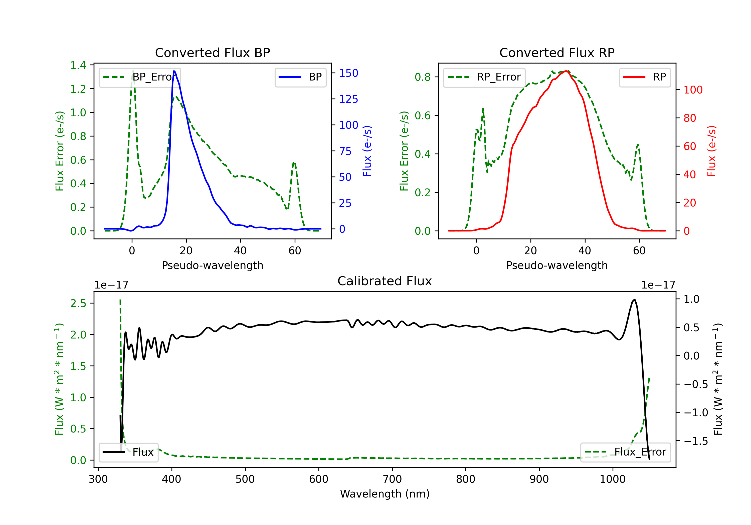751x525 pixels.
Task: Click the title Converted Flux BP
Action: [x=212, y=52]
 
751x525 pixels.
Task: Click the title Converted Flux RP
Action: [x=557, y=52]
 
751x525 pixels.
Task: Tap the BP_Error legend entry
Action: [x=140, y=77]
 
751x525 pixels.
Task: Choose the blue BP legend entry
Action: [x=300, y=77]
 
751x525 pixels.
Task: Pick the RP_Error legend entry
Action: [x=484, y=77]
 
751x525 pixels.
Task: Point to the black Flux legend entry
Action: [x=129, y=452]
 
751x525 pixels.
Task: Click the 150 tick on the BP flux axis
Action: [x=348, y=73]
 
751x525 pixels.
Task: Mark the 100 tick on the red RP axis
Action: [x=693, y=90]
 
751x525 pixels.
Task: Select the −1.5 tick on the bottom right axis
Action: [x=696, y=441]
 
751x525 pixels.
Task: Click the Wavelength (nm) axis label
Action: [x=385, y=494]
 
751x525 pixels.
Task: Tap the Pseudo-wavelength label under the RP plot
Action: [x=557, y=265]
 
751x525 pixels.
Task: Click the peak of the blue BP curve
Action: [x=174, y=71]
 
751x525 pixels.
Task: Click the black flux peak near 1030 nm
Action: [x=635, y=299]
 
